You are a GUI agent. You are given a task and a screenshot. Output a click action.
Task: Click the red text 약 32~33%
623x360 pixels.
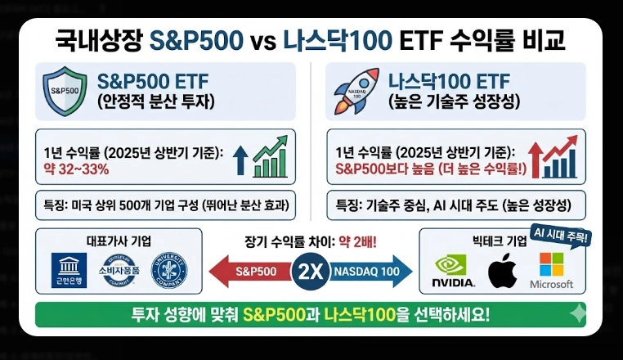click(76, 170)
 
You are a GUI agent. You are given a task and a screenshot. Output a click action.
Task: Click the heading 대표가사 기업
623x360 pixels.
click(119, 241)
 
